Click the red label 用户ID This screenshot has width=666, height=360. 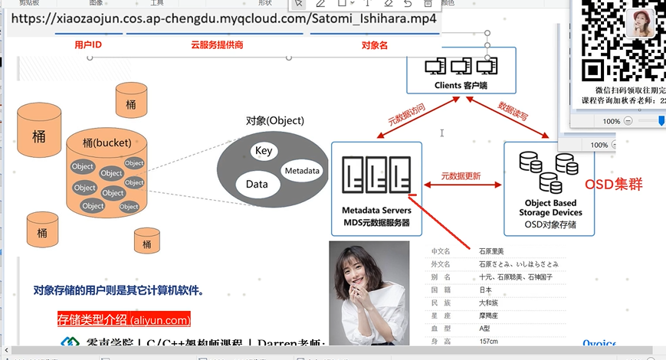(x=89, y=46)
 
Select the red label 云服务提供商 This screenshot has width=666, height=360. (x=217, y=46)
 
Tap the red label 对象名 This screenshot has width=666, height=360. (x=374, y=46)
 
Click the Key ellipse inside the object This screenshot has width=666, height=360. (x=263, y=151)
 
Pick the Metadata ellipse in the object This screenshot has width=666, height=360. (x=302, y=171)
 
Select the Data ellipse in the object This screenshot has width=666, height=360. (x=257, y=184)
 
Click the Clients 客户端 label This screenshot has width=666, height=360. (x=461, y=85)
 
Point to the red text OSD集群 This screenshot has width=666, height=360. (x=614, y=185)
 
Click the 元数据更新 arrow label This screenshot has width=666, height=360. (x=461, y=176)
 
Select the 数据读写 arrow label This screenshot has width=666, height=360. (x=513, y=112)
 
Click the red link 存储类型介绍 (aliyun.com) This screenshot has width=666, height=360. (x=124, y=319)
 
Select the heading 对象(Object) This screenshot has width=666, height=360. (x=275, y=120)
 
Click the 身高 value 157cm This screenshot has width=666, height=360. (x=489, y=342)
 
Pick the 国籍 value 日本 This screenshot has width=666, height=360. (x=486, y=290)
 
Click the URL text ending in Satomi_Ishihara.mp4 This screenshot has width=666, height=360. (x=224, y=18)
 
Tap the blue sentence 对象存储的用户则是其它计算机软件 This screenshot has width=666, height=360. (x=118, y=290)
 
